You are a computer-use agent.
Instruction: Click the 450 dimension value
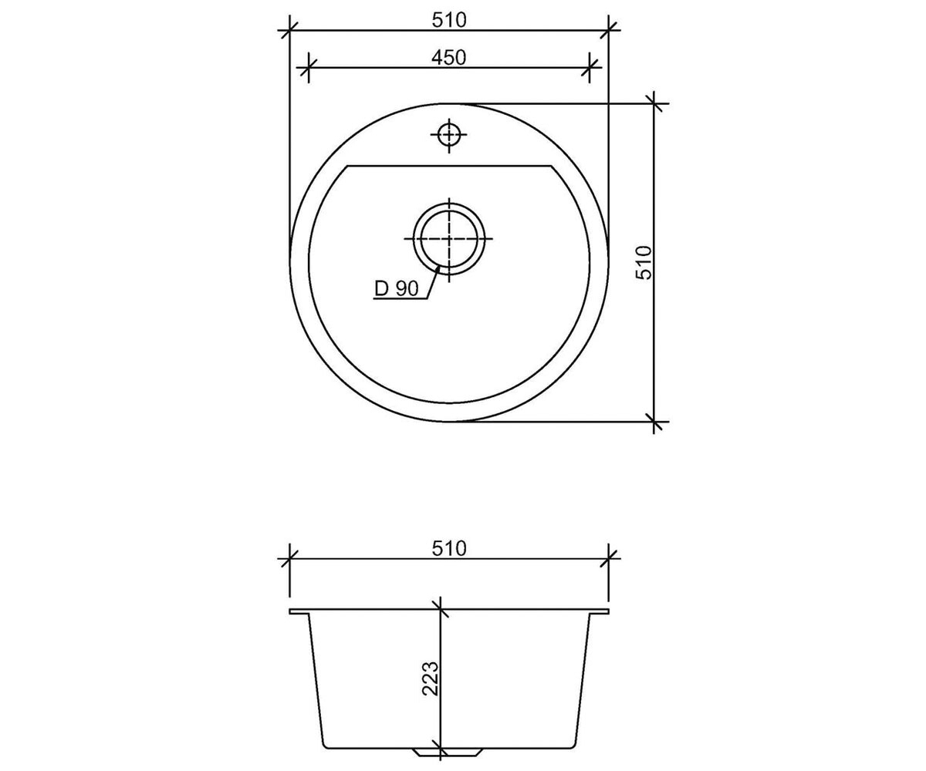pyautogui.click(x=448, y=58)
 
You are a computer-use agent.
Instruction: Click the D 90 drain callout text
pyautogui.click(x=397, y=289)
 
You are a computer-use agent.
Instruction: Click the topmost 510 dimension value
pyautogui.click(x=449, y=20)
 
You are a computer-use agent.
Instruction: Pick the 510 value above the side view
pyautogui.click(x=449, y=548)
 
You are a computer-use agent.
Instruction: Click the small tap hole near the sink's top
pyautogui.click(x=449, y=135)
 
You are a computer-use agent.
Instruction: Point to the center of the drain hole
pyautogui.click(x=449, y=238)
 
